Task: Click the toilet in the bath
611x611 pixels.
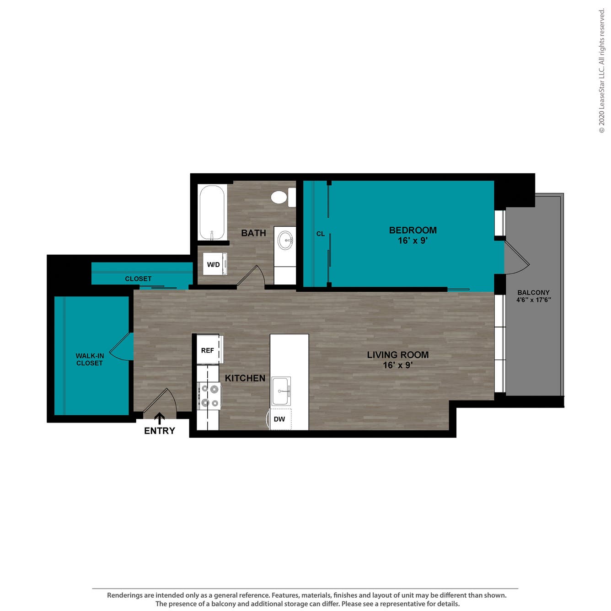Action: [x=283, y=197]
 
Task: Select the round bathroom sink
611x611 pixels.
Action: [x=285, y=241]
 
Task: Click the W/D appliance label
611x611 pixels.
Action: [x=214, y=264]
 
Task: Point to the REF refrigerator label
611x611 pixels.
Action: [x=208, y=350]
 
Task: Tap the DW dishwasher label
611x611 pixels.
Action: [x=279, y=419]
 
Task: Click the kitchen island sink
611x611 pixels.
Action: [x=281, y=391]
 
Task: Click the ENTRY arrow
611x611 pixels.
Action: [x=160, y=418]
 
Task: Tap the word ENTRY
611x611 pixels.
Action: [x=160, y=431]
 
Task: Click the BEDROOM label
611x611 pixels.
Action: [x=413, y=230]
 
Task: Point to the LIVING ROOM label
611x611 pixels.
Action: [x=397, y=355]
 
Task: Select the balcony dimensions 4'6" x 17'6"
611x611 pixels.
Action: [x=534, y=300]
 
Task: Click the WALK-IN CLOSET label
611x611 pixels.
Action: [x=90, y=359]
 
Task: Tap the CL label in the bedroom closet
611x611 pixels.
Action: [x=321, y=234]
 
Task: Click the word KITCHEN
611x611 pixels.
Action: [x=245, y=378]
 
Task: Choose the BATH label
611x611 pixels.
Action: [x=254, y=233]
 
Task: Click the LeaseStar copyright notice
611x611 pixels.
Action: [x=601, y=71]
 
